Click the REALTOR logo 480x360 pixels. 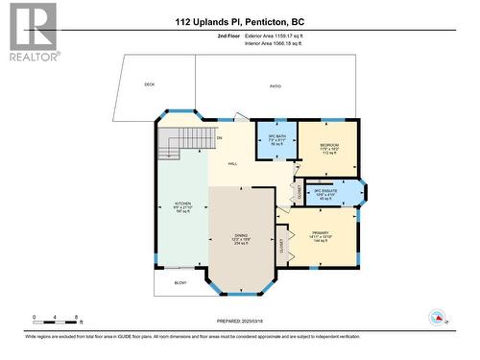click(x=32, y=32)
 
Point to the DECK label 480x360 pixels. click(x=150, y=85)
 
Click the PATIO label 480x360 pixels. click(x=274, y=85)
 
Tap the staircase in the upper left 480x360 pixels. click(x=170, y=147)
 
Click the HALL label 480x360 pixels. click(x=232, y=164)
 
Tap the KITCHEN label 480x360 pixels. click(x=181, y=206)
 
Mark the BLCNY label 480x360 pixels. click(x=180, y=283)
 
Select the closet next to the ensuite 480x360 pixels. click(x=300, y=191)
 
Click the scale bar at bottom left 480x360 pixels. click(x=56, y=320)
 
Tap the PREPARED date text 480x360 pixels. click(x=239, y=321)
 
